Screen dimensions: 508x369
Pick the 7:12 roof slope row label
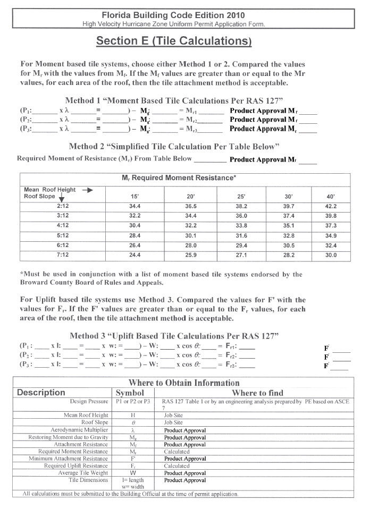[x=63, y=255]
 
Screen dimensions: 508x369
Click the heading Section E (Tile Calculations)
[x=174, y=41]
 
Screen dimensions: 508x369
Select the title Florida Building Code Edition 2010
[x=174, y=15]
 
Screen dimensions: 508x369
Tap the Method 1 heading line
[x=174, y=100]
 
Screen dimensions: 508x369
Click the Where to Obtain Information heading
[x=184, y=383]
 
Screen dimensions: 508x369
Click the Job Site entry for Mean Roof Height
[x=173, y=416]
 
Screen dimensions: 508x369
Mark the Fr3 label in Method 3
[x=232, y=365]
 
